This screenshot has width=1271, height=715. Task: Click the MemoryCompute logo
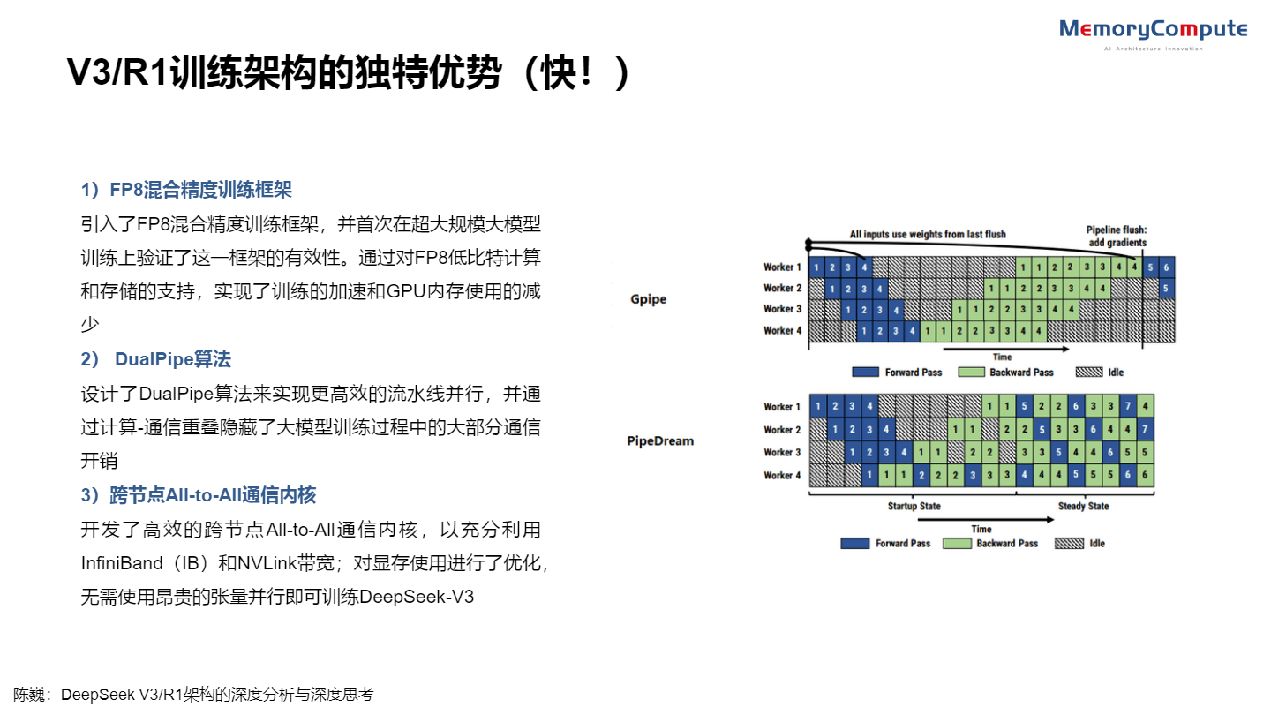(x=1153, y=31)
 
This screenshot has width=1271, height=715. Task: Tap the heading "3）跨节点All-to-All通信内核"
(x=199, y=495)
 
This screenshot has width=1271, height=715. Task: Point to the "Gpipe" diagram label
(x=649, y=299)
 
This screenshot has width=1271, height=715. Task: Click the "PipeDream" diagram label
(x=660, y=440)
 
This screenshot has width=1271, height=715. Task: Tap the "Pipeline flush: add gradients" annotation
(x=1116, y=236)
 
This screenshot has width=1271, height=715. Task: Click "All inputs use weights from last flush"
(x=928, y=234)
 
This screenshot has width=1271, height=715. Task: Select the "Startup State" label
(x=914, y=507)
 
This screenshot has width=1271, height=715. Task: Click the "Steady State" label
(x=1083, y=507)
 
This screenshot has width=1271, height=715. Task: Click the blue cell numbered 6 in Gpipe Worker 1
(x=1167, y=267)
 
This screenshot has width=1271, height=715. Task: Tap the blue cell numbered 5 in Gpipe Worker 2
(x=1167, y=289)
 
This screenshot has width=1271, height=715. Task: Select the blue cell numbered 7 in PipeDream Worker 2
(x=1145, y=430)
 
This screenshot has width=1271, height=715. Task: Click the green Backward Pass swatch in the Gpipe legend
(x=971, y=373)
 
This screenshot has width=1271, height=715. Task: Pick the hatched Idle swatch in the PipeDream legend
(x=1070, y=544)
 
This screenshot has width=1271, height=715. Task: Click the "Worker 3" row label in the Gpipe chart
(x=783, y=309)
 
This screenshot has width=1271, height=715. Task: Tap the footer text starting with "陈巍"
(x=193, y=695)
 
